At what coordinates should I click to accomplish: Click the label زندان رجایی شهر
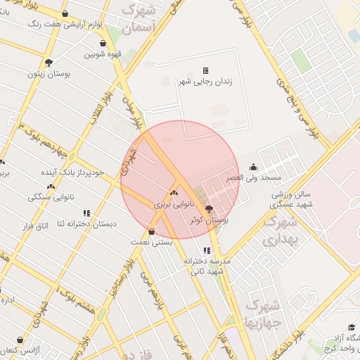pyautogui.click(x=206, y=82)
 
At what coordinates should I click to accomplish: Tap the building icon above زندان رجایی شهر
pyautogui.click(x=206, y=70)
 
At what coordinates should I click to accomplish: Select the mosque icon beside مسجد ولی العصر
pyautogui.click(x=253, y=167)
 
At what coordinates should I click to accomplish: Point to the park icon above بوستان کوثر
pyautogui.click(x=208, y=209)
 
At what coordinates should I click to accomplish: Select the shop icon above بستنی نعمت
pyautogui.click(x=152, y=231)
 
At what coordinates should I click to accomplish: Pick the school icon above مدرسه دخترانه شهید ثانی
pyautogui.click(x=205, y=250)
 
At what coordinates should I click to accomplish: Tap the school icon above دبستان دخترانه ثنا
pyautogui.click(x=86, y=212)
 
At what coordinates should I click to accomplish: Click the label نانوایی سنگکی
pyautogui.click(x=50, y=198)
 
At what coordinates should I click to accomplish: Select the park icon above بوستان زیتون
pyautogui.click(x=48, y=62)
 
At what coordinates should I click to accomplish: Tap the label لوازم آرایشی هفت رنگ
pyautogui.click(x=67, y=23)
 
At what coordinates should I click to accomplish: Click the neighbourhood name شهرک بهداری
pyautogui.click(x=281, y=230)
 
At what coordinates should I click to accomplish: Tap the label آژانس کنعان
pyautogui.click(x=18, y=350)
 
